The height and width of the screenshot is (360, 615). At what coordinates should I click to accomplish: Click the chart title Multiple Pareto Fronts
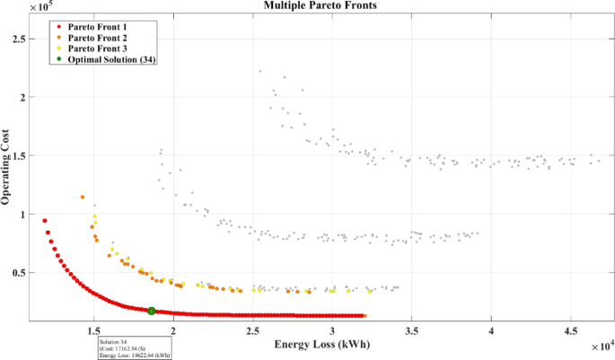[x=307, y=5]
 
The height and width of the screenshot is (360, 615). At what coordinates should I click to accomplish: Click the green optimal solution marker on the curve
[x=152, y=311]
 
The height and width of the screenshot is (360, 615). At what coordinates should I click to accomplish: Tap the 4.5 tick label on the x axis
[x=571, y=329]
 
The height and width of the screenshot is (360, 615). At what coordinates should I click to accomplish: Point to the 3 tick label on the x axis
[x=412, y=329]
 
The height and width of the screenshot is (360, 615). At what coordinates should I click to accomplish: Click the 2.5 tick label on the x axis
[x=332, y=329]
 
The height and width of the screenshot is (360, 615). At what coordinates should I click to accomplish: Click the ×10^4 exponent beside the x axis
[x=602, y=343]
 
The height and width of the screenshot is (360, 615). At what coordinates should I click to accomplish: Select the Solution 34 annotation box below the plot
[x=134, y=348]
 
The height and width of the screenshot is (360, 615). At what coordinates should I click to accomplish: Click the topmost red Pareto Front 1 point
[x=45, y=220]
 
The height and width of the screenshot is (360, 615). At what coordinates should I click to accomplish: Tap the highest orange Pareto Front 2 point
[x=83, y=198]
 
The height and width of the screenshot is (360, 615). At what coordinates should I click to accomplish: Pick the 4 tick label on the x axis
[x=492, y=329]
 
